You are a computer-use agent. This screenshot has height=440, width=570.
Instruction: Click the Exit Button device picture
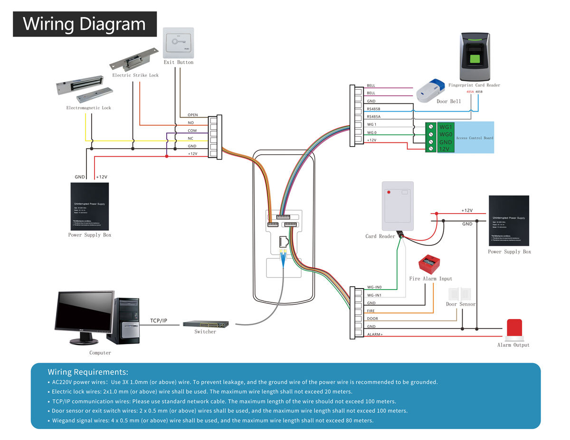pyautogui.click(x=178, y=43)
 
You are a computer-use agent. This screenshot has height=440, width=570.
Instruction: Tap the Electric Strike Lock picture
pyautogui.click(x=133, y=59)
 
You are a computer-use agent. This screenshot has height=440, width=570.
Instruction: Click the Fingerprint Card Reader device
pyautogui.click(x=475, y=57)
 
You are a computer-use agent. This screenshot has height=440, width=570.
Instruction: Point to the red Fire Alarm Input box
pyautogui.click(x=429, y=264)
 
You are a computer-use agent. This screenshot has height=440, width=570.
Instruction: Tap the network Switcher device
pyautogui.click(x=206, y=324)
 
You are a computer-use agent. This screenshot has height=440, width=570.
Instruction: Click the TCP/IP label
pyautogui.click(x=159, y=321)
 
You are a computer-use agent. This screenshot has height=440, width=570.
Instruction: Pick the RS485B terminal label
pyautogui.click(x=374, y=109)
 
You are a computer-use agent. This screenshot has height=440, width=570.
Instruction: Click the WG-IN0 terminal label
pyautogui.click(x=374, y=287)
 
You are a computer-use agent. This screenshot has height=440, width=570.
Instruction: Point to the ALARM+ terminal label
pyautogui.click(x=375, y=335)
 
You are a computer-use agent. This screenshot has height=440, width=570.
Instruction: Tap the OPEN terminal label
pyautogui.click(x=193, y=115)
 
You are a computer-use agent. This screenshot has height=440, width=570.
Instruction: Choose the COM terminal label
pyautogui.click(x=192, y=131)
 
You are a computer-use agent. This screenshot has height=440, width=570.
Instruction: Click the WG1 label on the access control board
pyautogui.click(x=446, y=127)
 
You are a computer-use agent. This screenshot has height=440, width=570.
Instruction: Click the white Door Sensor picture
pyautogui.click(x=458, y=293)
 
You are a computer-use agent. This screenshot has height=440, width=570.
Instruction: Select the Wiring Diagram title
pyautogui.click(x=85, y=24)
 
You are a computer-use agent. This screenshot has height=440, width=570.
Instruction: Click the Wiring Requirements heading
pyautogui.click(x=88, y=372)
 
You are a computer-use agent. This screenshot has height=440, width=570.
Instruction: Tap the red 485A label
pyautogui.click(x=470, y=92)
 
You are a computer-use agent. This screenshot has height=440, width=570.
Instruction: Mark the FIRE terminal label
pyautogui.click(x=371, y=311)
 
